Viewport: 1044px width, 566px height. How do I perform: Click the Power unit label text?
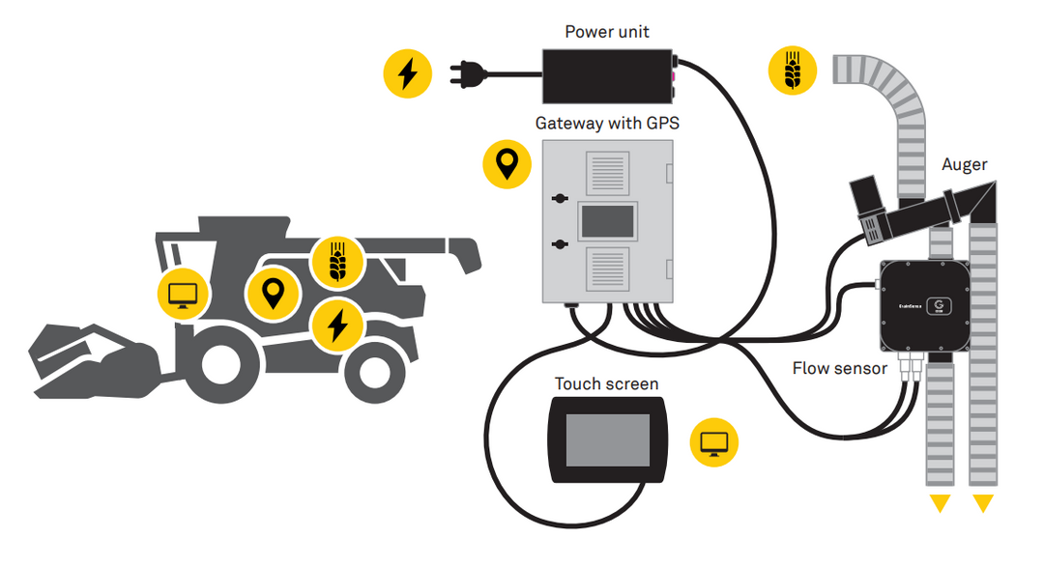[x=606, y=32]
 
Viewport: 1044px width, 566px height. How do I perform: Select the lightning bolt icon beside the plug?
[x=408, y=74]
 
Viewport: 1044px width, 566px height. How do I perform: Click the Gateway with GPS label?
[x=606, y=124]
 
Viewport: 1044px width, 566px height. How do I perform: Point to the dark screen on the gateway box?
[x=605, y=221]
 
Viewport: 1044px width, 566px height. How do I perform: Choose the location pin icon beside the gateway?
[x=507, y=165]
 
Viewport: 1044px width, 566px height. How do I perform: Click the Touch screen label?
[x=606, y=383]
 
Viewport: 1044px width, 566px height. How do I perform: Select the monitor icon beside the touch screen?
[x=714, y=443]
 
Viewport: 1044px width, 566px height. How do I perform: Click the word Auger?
[x=964, y=165]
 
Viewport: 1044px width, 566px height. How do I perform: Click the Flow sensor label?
[x=839, y=368]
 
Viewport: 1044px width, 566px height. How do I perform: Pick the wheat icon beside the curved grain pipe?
[x=793, y=71]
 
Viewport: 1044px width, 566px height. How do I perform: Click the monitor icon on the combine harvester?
[x=183, y=294]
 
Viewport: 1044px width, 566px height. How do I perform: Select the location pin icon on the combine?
[x=273, y=293]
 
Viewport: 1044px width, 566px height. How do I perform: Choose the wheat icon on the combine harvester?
[x=336, y=261]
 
